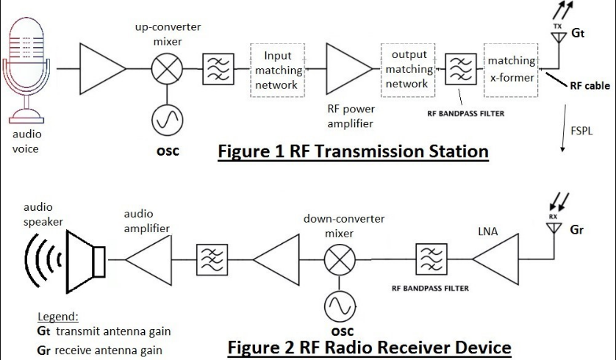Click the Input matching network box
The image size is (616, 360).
[278, 70]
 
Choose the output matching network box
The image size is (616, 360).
[409, 70]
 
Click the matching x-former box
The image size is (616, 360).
[511, 70]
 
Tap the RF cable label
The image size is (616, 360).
[590, 86]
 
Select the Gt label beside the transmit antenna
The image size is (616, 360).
[579, 32]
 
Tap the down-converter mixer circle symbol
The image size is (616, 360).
[339, 258]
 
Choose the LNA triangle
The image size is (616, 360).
[494, 258]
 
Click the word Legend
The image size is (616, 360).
[57, 317]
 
